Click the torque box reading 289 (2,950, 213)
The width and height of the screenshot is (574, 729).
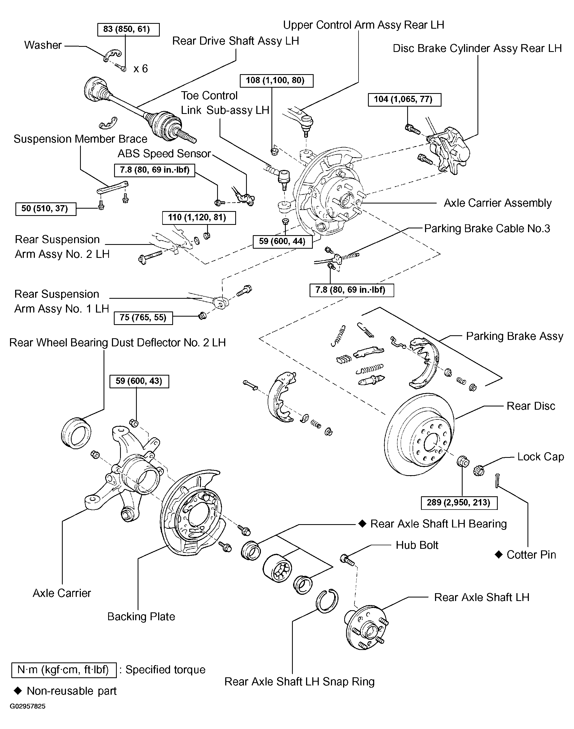click(x=459, y=503)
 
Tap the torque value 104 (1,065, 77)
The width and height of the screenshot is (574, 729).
click(x=404, y=100)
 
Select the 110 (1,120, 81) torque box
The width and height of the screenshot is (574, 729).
click(x=199, y=218)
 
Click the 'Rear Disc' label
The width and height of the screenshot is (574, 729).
click(x=531, y=406)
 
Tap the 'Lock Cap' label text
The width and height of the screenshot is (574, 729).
click(x=540, y=457)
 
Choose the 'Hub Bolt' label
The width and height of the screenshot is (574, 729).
click(x=417, y=545)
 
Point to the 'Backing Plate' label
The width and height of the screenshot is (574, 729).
click(x=141, y=616)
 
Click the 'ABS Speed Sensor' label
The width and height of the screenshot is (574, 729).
click(x=164, y=154)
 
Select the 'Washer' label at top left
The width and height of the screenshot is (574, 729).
click(x=43, y=45)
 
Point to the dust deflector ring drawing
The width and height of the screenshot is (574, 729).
click(x=76, y=433)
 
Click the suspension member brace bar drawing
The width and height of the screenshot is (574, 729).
click(x=112, y=187)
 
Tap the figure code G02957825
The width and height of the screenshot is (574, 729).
click(x=28, y=707)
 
